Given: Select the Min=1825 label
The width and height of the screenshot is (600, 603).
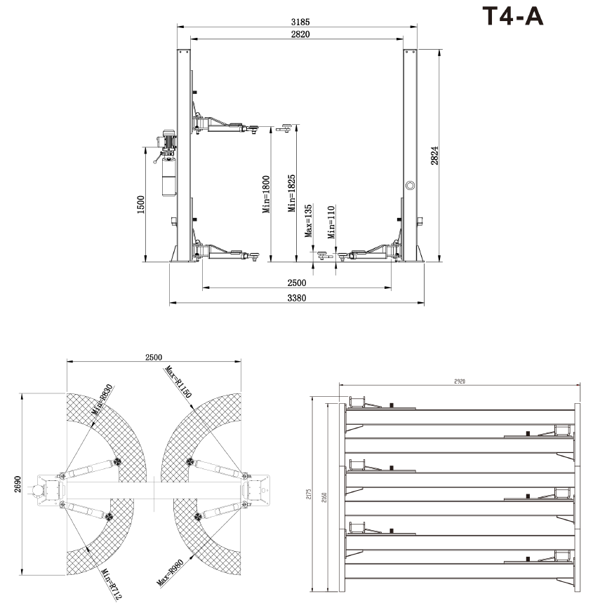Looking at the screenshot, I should (x=291, y=194).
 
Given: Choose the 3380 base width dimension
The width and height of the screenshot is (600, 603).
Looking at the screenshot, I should (x=298, y=298).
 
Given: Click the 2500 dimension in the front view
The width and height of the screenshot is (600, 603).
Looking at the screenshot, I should (x=298, y=283).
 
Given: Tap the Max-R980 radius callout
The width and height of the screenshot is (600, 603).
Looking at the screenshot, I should (x=173, y=571).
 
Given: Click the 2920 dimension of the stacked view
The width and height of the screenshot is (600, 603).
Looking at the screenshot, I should (x=460, y=381).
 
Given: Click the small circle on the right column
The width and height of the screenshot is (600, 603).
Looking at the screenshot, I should (x=410, y=185).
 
